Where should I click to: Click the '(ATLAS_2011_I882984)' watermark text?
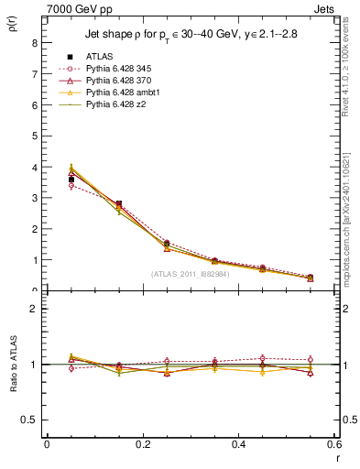(x=191, y=274)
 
